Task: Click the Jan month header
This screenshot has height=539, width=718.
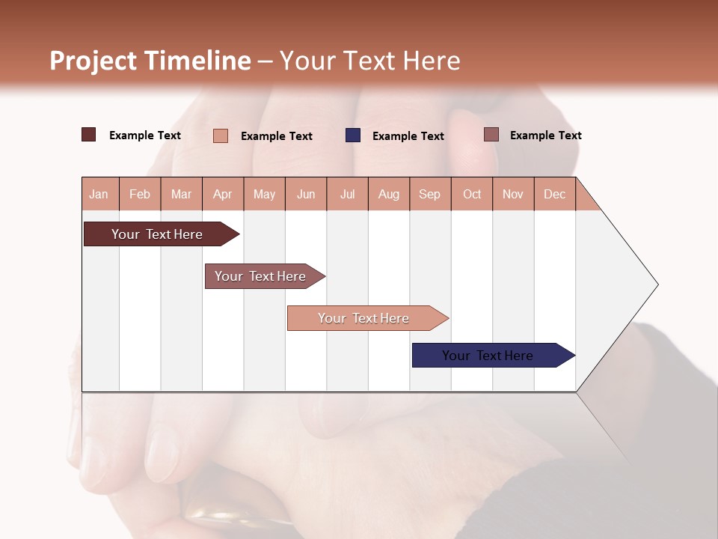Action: click(x=99, y=194)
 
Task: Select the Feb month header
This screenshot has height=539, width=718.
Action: click(x=140, y=194)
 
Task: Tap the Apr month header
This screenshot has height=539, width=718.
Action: click(x=223, y=194)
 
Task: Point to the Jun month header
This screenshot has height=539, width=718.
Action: click(x=306, y=194)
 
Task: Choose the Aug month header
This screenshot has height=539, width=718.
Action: click(x=389, y=194)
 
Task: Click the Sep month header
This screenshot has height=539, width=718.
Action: click(x=430, y=194)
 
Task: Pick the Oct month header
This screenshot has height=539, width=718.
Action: click(x=472, y=194)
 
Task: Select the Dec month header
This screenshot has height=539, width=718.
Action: click(x=555, y=194)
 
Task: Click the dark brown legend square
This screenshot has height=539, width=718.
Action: click(x=89, y=135)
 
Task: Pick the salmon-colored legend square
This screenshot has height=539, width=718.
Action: click(x=221, y=135)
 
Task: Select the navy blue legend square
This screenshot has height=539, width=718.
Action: click(x=353, y=135)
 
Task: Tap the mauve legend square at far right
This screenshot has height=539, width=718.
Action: click(x=491, y=135)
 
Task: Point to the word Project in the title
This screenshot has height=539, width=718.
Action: click(x=93, y=61)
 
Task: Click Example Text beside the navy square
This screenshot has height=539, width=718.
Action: click(x=408, y=136)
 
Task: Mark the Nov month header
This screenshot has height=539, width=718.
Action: click(x=513, y=194)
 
